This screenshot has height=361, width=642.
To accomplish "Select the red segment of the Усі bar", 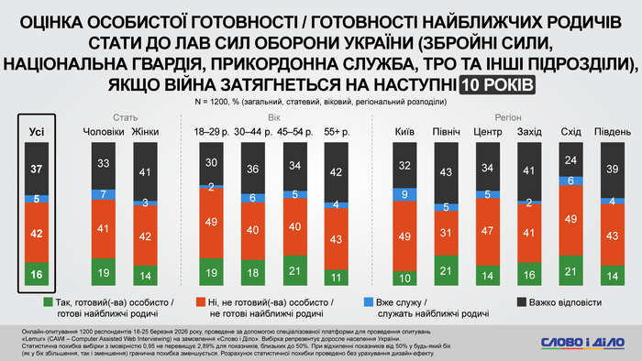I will tap(37, 233).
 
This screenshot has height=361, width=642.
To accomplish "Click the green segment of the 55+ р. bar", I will tap(338, 277).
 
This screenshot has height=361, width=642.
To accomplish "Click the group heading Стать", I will tap(126, 118).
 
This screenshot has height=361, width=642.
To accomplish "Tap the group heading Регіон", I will tap(506, 118).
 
